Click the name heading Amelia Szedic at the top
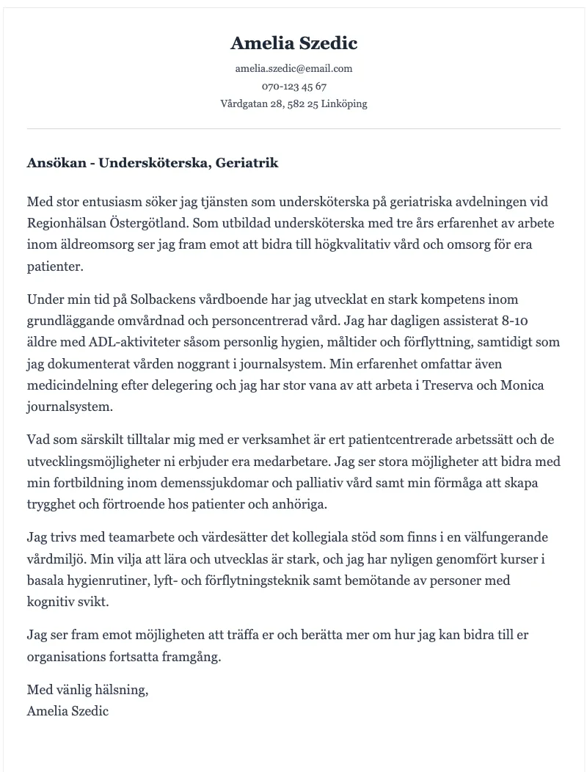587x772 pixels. pos(293,43)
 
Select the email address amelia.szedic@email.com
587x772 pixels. pos(293,68)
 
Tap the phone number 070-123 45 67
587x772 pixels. pos(293,86)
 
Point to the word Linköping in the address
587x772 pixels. pos(344,103)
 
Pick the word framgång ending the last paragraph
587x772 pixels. pos(193,657)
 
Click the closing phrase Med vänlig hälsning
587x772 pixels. pos(87,690)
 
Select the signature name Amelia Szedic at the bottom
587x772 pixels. pos(68,711)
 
